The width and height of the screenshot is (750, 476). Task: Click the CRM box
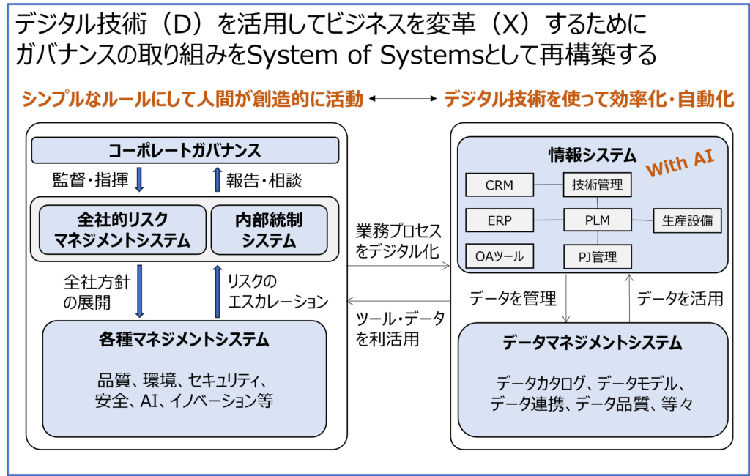tap(500, 185)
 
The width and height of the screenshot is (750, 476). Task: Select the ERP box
tap(500, 220)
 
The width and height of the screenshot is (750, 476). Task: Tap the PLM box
tap(597, 220)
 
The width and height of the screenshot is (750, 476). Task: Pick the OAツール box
tap(500, 256)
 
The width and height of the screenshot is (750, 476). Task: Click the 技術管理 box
tap(597, 185)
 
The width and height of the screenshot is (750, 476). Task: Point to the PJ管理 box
tap(597, 256)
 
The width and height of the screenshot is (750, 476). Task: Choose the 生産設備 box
tap(687, 220)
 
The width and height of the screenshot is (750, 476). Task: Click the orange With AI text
tap(679, 166)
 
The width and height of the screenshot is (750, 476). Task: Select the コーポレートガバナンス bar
tap(185, 151)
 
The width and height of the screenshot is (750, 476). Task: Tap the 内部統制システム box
tap(269, 229)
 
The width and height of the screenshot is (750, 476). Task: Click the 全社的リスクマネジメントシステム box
tap(122, 229)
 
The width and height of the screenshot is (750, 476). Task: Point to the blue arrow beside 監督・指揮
tap(139, 179)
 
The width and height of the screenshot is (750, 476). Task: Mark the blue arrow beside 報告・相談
tap(217, 179)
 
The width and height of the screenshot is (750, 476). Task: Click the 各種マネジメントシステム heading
tap(184, 340)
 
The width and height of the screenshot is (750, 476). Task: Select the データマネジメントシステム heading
tap(593, 343)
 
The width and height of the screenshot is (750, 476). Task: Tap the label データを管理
tap(513, 298)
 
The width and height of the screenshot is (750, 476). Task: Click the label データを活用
tap(680, 298)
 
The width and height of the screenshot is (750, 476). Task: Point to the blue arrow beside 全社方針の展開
tap(139, 291)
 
